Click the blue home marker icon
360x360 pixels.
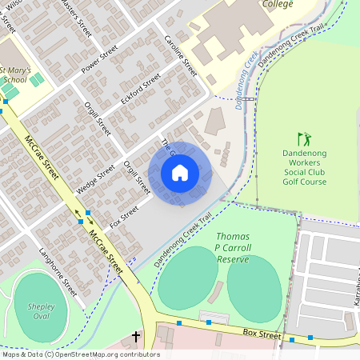(x=180, y=172)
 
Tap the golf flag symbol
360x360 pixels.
(x=303, y=139)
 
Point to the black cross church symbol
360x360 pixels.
(x=136, y=337)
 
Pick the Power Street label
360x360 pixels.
(x=99, y=59)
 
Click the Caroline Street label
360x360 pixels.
(x=181, y=55)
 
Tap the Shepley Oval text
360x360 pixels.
(x=41, y=311)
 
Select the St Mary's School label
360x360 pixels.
(x=15, y=75)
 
